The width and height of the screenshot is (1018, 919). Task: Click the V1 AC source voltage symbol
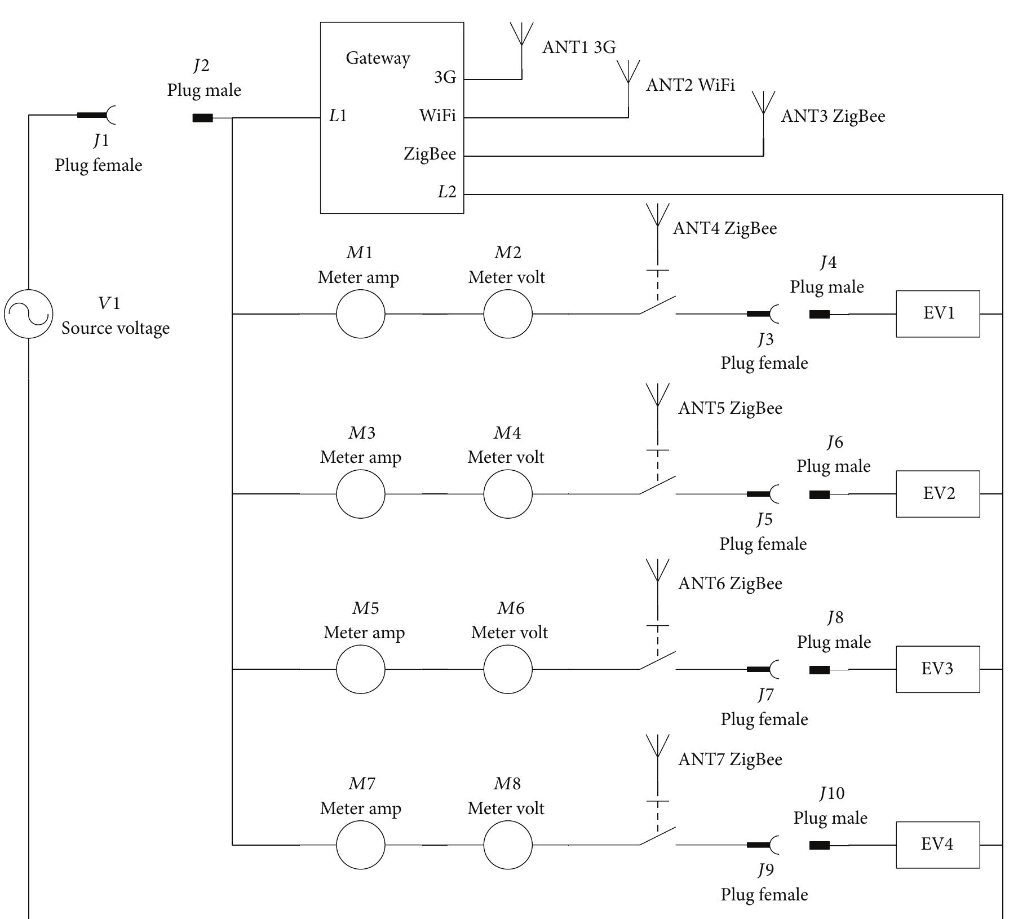point(29,314)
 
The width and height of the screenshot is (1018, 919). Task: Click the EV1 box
point(938,314)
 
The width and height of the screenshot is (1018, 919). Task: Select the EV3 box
point(938,669)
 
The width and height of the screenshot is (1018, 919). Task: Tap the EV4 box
point(938,845)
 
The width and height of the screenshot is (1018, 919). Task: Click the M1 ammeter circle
point(361,314)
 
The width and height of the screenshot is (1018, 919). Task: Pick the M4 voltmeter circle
point(508,494)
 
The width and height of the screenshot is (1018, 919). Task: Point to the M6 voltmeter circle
point(508,669)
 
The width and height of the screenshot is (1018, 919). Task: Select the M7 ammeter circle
point(361,845)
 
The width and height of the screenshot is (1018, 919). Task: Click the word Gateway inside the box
point(378,58)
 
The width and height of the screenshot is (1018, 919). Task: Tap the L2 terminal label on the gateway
point(446,192)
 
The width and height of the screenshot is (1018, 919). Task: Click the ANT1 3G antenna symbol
point(521,37)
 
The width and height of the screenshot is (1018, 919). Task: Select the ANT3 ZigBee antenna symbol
point(763,107)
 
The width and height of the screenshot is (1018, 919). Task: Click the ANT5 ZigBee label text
point(730,408)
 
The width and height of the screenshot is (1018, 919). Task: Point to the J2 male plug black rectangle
point(203,118)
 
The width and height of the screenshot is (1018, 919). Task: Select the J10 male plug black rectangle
point(819,845)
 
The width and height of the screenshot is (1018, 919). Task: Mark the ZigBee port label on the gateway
point(430,154)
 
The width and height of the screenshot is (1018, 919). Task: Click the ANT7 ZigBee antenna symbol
point(658,750)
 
